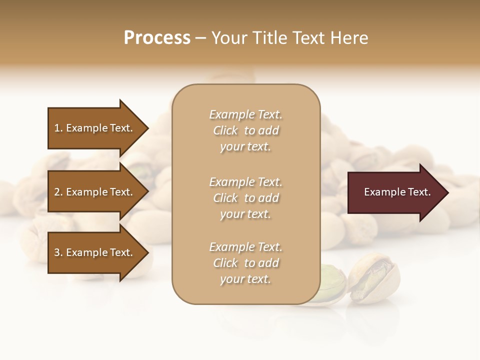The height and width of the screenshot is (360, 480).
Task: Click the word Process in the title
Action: click(157, 38)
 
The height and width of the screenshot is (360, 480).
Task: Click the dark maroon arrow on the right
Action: click(395, 192)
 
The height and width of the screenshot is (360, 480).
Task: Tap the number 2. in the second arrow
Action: click(58, 192)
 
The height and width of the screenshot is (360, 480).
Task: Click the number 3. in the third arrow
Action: click(58, 252)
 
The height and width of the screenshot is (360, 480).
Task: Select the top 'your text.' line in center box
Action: click(245, 147)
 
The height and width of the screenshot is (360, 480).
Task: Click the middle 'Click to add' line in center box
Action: click(245, 198)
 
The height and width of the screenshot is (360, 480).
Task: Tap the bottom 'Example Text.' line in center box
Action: click(245, 247)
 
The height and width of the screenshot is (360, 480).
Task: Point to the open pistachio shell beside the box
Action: click(373, 277)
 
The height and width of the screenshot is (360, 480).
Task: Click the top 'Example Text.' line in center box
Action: click(245, 114)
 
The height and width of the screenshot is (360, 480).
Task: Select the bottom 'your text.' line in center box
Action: click(245, 279)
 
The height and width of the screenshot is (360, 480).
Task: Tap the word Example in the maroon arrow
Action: click(381, 192)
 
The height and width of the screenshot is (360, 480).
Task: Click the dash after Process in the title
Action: click(201, 38)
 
